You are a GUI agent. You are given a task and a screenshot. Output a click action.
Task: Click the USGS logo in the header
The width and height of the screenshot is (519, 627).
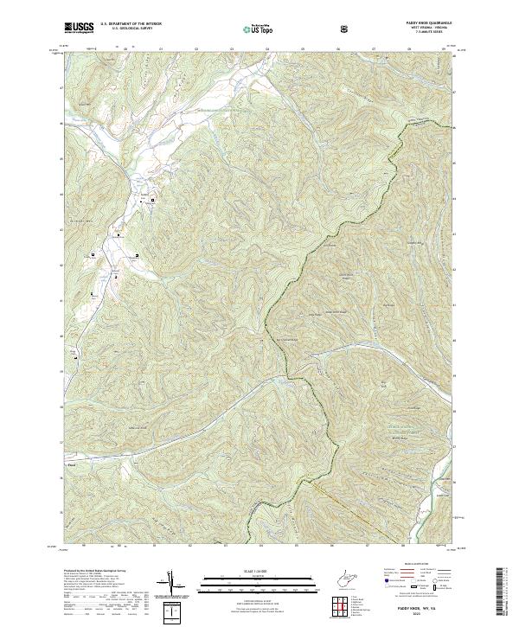coord(79,29)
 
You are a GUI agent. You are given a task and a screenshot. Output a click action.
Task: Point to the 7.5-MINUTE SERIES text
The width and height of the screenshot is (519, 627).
coord(426,33)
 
